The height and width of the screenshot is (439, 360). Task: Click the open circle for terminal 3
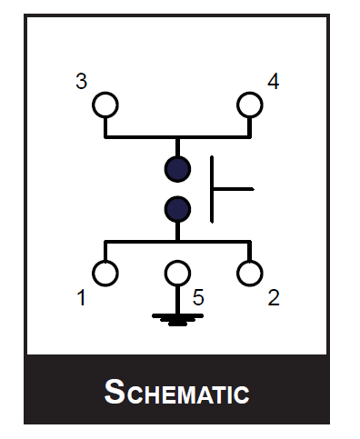click(x=105, y=104)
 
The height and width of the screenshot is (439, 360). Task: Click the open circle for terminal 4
click(x=249, y=104)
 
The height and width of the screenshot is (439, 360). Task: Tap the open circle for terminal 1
click(x=105, y=272)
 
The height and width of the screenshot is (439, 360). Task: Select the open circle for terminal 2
click(x=249, y=272)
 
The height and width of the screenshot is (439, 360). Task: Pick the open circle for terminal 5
click(x=177, y=272)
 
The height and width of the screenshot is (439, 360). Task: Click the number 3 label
click(x=81, y=82)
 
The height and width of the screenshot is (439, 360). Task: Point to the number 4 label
click(x=273, y=82)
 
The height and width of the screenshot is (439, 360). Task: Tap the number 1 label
click(x=82, y=297)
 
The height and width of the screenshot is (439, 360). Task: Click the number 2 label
click(x=274, y=297)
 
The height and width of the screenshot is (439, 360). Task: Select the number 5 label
click(x=197, y=297)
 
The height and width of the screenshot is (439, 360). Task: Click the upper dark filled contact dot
click(x=177, y=169)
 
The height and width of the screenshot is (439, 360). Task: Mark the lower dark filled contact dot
click(x=177, y=210)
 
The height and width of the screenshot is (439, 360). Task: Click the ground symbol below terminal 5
click(x=177, y=318)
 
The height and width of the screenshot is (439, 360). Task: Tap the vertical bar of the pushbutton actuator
click(x=213, y=189)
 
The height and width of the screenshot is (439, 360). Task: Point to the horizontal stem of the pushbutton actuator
click(x=233, y=189)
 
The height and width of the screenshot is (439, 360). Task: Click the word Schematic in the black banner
click(x=177, y=393)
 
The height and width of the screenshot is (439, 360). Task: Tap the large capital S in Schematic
click(x=115, y=392)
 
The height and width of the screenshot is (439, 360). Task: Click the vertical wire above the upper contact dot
click(x=177, y=147)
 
